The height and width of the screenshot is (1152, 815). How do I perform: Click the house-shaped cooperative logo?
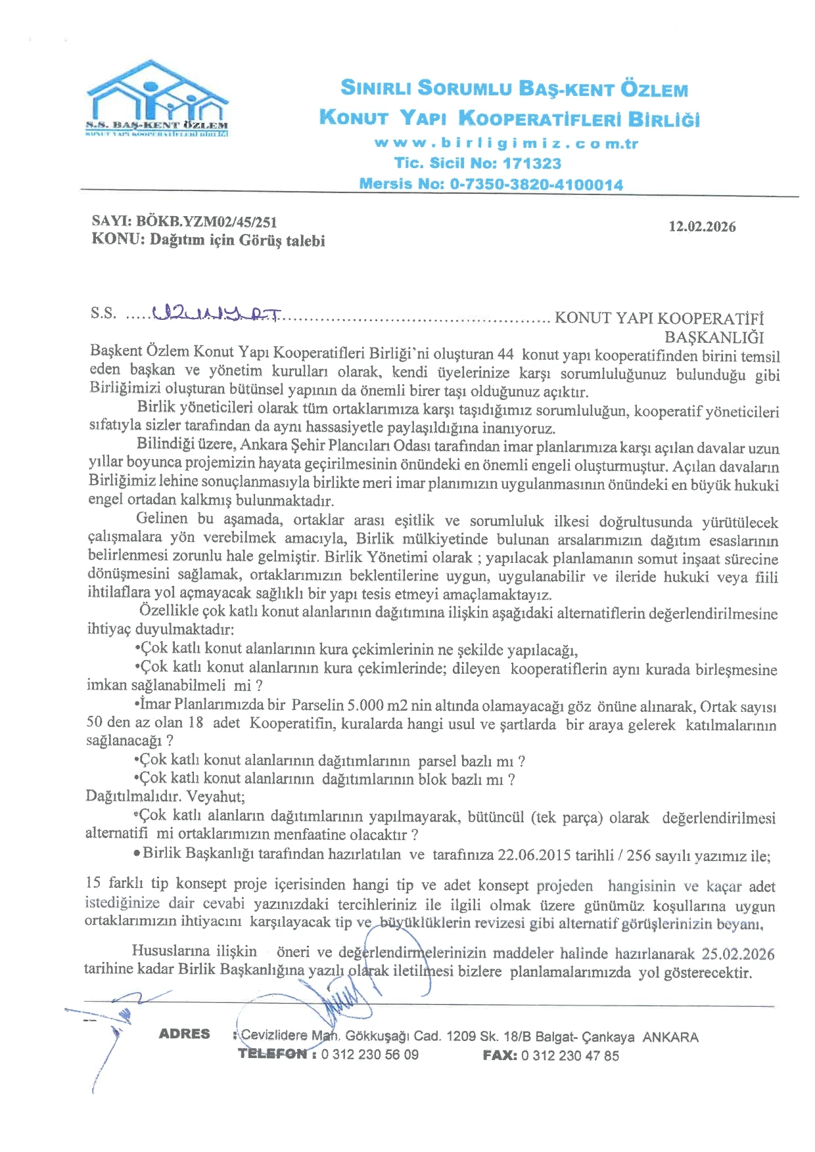click(x=158, y=99)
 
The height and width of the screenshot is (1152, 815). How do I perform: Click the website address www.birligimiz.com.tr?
click(x=506, y=143)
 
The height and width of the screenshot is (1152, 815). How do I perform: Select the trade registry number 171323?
click(x=532, y=163)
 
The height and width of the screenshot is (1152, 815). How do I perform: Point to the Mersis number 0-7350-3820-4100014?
click(x=536, y=185)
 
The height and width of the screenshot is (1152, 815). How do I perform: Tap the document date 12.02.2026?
click(x=702, y=227)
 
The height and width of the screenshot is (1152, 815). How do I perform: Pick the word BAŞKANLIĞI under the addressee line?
click(x=714, y=338)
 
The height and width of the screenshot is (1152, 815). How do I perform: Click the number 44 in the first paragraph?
click(x=505, y=354)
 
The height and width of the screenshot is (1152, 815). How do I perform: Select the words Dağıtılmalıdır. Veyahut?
click(x=166, y=797)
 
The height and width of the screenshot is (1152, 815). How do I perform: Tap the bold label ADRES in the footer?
click(x=184, y=1034)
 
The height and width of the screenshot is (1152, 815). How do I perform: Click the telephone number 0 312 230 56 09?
click(x=369, y=1054)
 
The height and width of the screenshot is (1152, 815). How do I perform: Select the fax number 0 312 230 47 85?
click(x=570, y=1055)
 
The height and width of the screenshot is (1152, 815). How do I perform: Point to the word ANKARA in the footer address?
click(x=670, y=1037)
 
